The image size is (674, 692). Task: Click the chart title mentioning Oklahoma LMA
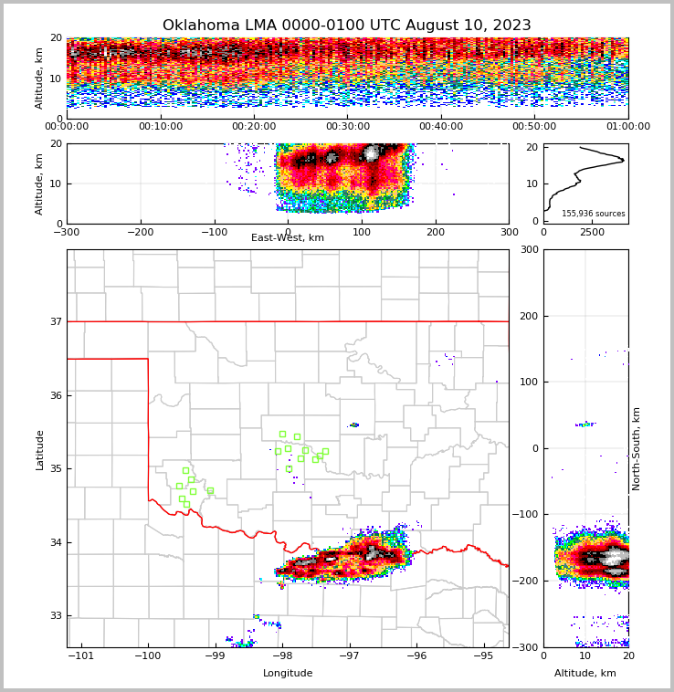[346, 26]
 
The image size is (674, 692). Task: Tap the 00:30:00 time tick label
[348, 127]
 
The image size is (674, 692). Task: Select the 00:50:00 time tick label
[534, 127]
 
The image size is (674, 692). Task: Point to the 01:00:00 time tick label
[627, 127]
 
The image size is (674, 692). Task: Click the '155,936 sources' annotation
[594, 214]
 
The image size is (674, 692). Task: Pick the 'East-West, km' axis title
[288, 238]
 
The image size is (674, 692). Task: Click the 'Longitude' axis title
[288, 674]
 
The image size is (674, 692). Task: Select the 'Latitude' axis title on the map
[40, 449]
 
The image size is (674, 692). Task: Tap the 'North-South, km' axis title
[637, 448]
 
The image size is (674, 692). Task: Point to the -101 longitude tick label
[81, 655]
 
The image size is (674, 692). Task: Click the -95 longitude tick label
[483, 655]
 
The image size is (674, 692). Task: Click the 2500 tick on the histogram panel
[593, 232]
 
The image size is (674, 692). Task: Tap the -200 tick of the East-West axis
[140, 232]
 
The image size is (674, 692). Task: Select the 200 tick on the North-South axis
[527, 316]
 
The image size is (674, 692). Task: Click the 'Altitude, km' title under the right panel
[585, 674]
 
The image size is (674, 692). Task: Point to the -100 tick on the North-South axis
[524, 515]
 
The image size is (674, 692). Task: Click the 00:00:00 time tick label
[67, 127]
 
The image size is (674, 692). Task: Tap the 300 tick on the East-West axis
[509, 232]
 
